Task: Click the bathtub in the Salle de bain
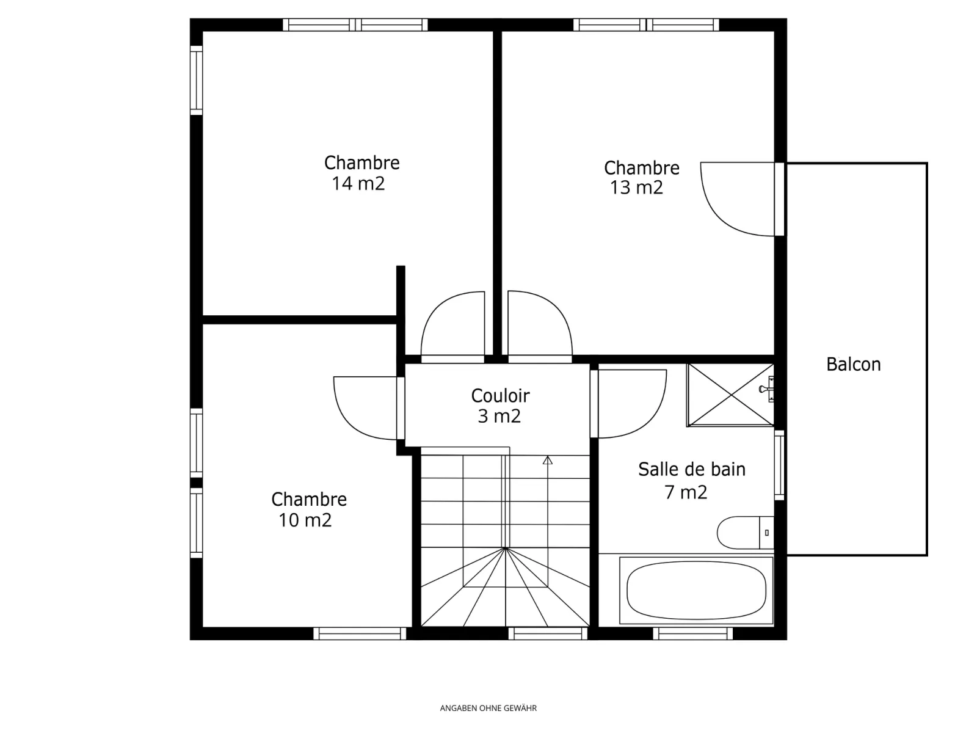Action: tap(696, 590)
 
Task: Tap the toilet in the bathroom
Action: tap(745, 532)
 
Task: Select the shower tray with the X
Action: tap(730, 395)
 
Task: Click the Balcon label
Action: tap(853, 365)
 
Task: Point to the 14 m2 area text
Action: tap(358, 183)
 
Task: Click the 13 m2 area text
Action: tap(636, 188)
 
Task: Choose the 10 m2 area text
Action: tap(305, 520)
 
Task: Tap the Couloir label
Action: tap(500, 396)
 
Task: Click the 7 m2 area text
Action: tap(686, 492)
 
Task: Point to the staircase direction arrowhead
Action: tap(548, 460)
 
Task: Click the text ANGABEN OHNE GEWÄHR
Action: tap(488, 708)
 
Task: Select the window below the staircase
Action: tap(548, 633)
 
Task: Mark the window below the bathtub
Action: tap(692, 633)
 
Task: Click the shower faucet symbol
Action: tap(767, 389)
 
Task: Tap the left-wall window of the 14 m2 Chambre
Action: tap(196, 80)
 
